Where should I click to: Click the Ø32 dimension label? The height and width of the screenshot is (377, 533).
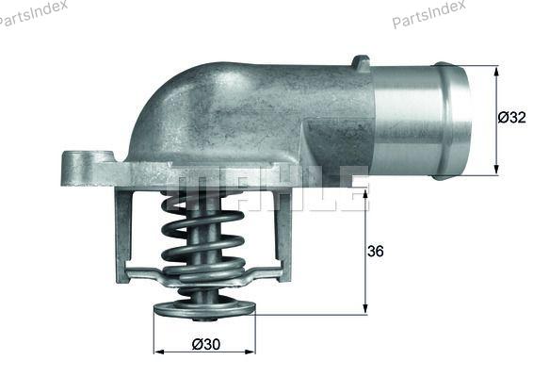click(x=511, y=118)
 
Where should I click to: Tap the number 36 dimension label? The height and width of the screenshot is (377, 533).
click(x=376, y=251)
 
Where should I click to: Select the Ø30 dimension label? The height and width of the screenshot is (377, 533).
click(x=206, y=344)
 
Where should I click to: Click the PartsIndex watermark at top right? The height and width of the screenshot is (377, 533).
click(x=428, y=13)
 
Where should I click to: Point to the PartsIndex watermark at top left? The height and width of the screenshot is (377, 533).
click(x=32, y=13)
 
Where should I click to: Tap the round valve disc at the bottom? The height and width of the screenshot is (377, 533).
click(x=204, y=308)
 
